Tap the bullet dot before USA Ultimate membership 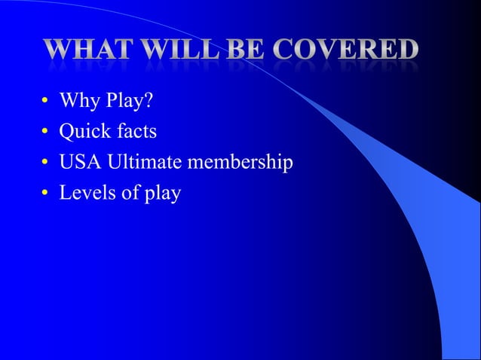44,163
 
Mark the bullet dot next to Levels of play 44,194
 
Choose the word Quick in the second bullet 84,133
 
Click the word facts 136,132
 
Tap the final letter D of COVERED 407,51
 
